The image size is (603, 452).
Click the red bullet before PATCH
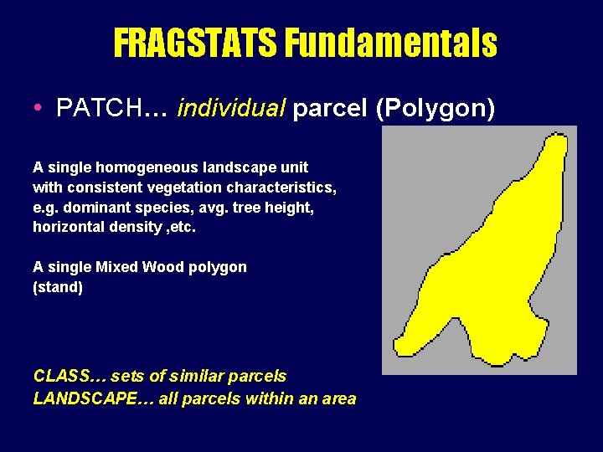pos(39,109)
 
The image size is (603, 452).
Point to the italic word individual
pos(232,108)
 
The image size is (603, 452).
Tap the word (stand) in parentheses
pos(58,287)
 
